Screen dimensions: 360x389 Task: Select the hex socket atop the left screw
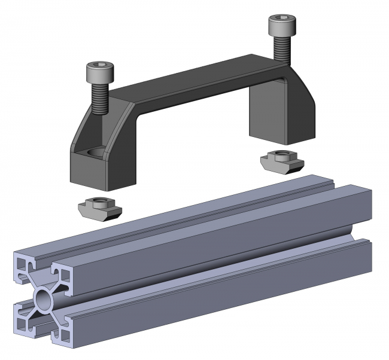[98, 65]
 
